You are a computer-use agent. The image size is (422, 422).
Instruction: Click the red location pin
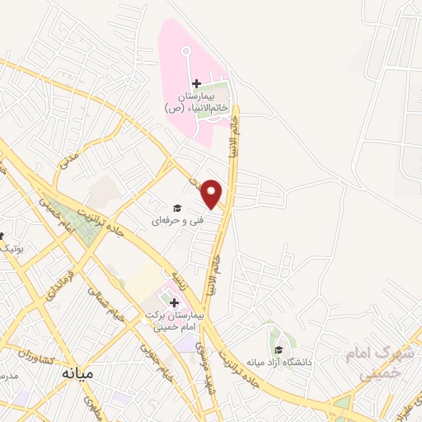(x=213, y=194)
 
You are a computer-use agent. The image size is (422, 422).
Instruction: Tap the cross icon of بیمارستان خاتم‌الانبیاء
(x=196, y=83)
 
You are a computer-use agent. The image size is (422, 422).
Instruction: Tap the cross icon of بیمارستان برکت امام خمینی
(x=174, y=303)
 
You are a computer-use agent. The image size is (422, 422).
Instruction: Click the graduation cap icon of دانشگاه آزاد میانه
(x=278, y=349)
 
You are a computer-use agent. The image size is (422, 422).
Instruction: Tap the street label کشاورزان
(x=35, y=357)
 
